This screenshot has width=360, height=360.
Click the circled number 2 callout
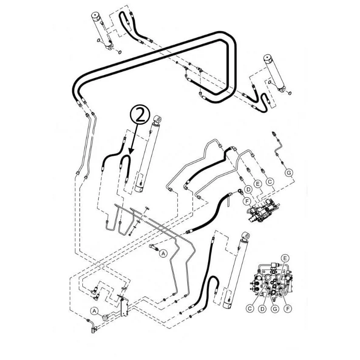pyautogui.click(x=140, y=115)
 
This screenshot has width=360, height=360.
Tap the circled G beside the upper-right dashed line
pyautogui.click(x=289, y=172)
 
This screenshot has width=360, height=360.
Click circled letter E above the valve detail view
pyautogui.click(x=285, y=258)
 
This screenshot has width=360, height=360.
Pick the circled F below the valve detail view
pyautogui.click(x=288, y=309)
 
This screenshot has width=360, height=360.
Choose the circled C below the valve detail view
pyautogui.click(x=249, y=309)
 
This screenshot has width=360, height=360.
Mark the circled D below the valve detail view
pyautogui.click(x=262, y=309)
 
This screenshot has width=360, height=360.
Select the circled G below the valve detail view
pyautogui.click(x=275, y=309)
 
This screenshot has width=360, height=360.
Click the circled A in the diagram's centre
pyautogui.click(x=163, y=253)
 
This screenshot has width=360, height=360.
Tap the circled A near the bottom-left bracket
pyautogui.click(x=94, y=311)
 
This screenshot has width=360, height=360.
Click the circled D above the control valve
pyautogui.click(x=248, y=190)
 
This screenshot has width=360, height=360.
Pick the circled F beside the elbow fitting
pyautogui.click(x=247, y=201)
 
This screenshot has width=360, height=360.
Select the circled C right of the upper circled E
pyautogui.click(x=270, y=182)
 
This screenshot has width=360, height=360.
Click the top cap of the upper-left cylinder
pyautogui.click(x=95, y=16)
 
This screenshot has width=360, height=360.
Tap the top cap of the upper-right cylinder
pyautogui.click(x=268, y=59)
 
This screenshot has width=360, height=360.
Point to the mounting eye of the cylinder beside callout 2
pyautogui.click(x=158, y=119)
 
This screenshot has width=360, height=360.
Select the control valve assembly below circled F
pyautogui.click(x=263, y=211)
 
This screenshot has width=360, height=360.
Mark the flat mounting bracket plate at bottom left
pyautogui.click(x=125, y=307)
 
